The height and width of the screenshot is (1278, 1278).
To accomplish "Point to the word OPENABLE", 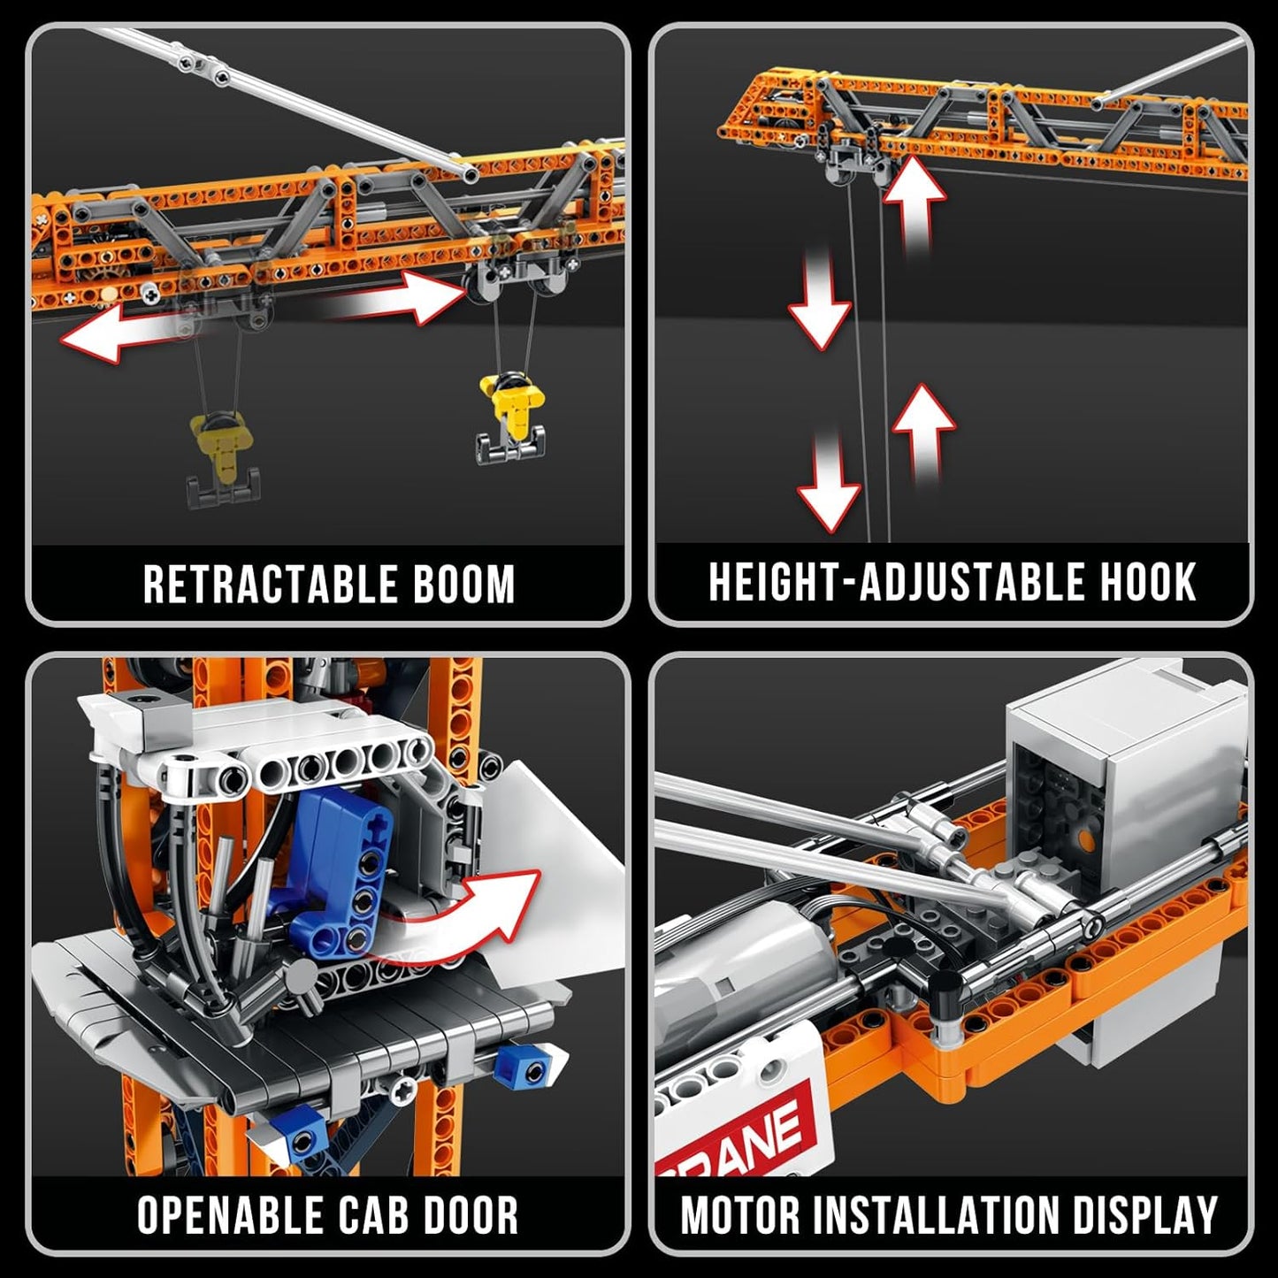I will click(228, 1215).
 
